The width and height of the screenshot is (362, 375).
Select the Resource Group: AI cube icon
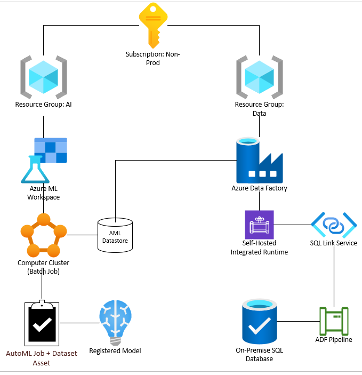(x=43, y=76)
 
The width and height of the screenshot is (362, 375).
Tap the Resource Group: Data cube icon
(x=259, y=77)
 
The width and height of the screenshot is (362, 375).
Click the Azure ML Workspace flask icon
(x=44, y=161)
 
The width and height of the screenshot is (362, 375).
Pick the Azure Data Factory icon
(x=259, y=160)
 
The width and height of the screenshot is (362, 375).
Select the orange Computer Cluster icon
(x=43, y=235)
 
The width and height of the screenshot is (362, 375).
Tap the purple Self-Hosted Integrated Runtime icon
(x=259, y=225)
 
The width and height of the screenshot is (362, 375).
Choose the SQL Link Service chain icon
(x=334, y=225)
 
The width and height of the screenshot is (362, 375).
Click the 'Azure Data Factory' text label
(x=259, y=188)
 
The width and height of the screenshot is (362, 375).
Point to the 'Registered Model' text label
(x=115, y=351)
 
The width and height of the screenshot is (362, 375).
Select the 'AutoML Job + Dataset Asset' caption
(x=42, y=358)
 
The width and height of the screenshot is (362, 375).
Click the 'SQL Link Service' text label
(x=334, y=243)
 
